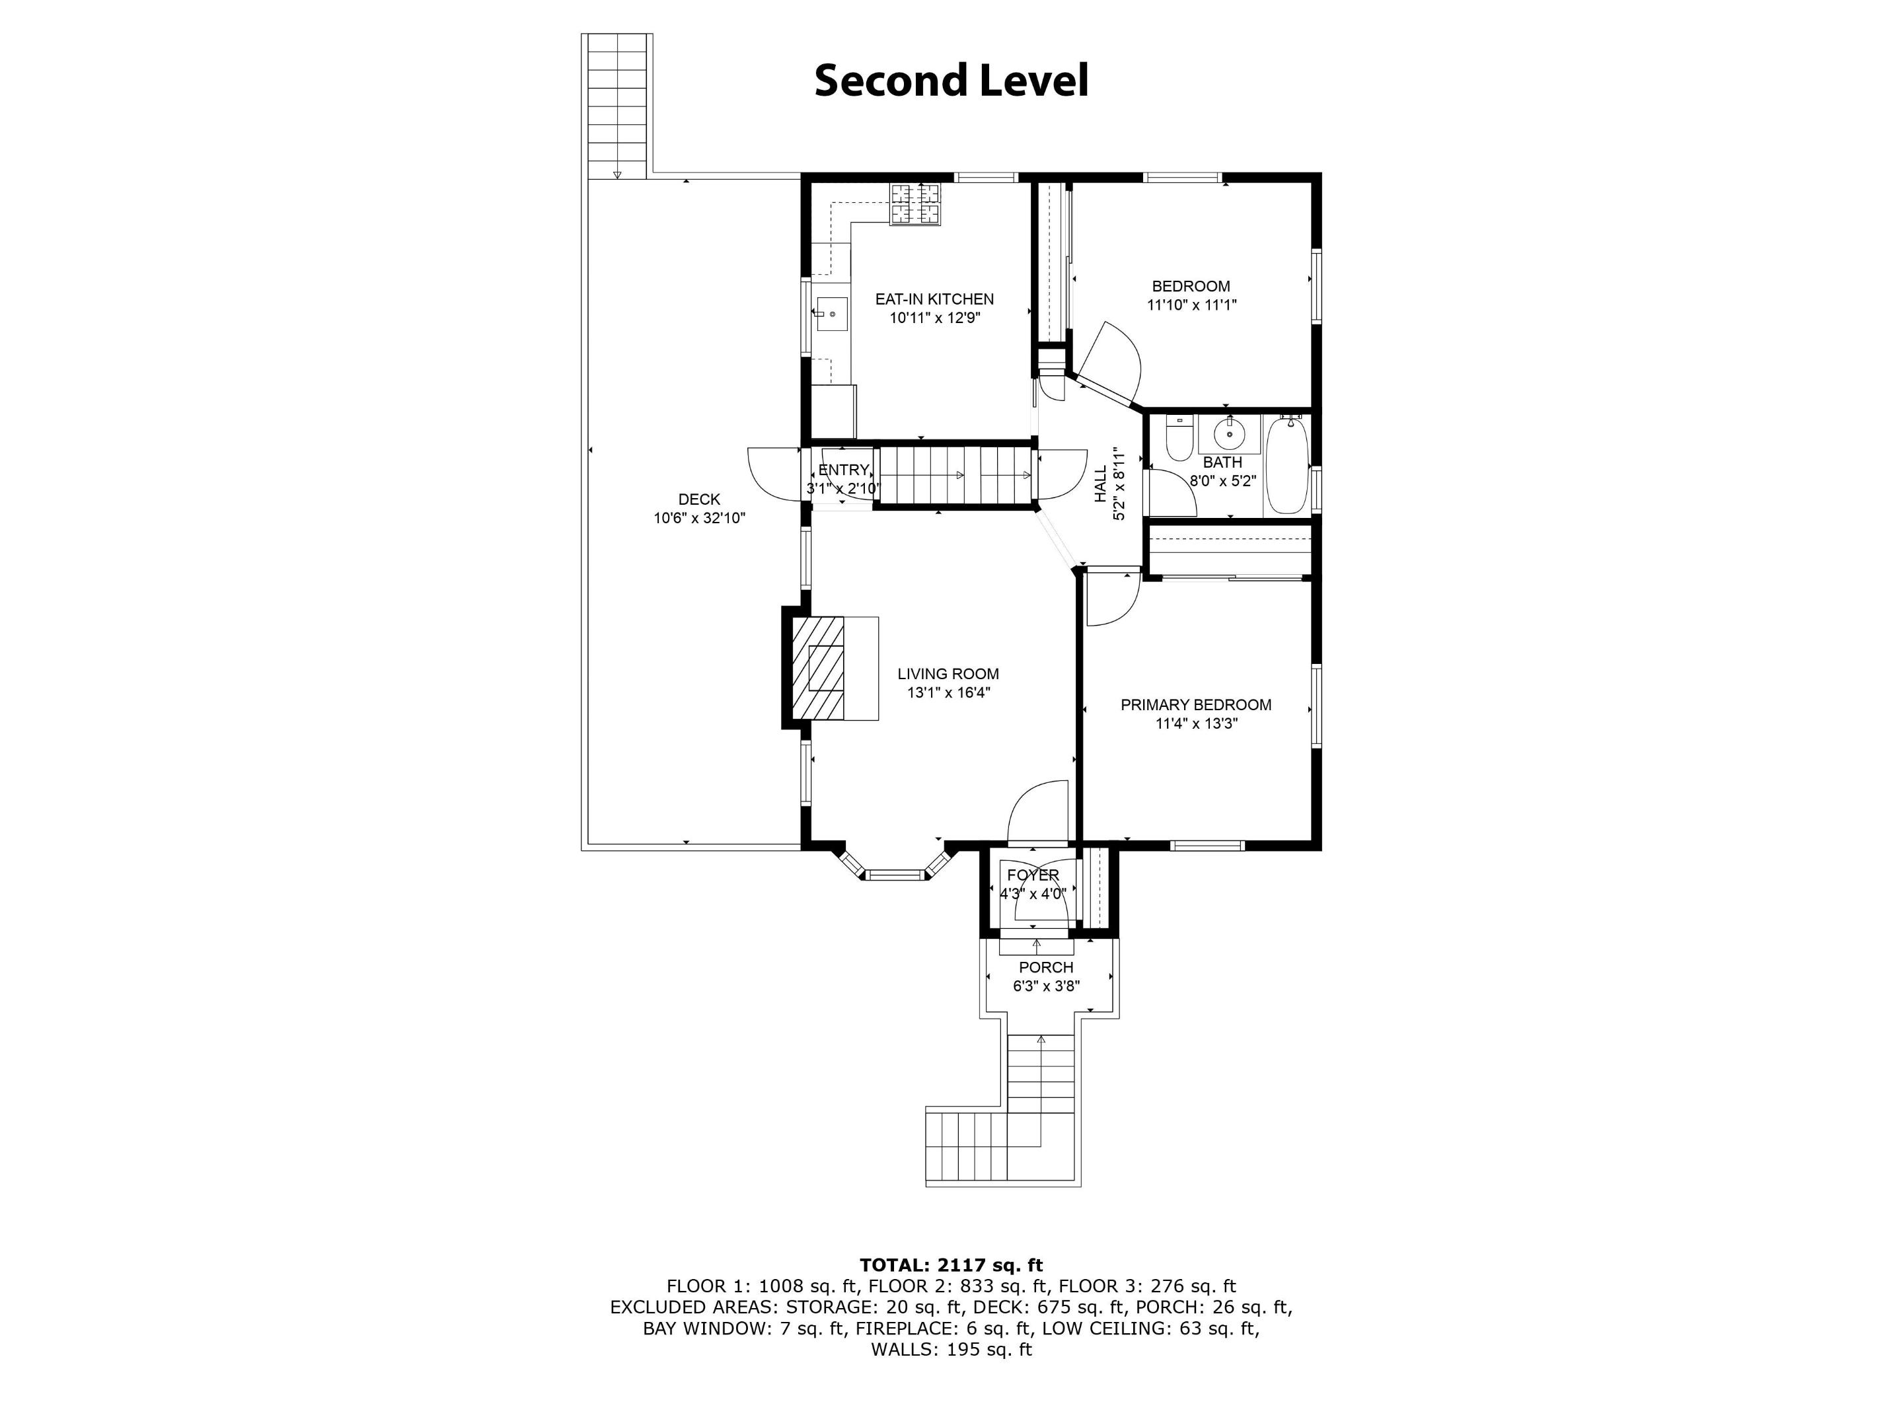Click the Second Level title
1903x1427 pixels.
coord(951,80)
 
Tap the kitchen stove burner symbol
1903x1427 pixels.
coord(914,205)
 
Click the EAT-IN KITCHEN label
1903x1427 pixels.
coord(934,299)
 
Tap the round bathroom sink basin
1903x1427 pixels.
coord(1230,435)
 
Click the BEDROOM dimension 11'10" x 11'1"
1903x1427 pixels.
coord(1191,305)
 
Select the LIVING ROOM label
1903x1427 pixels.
coord(948,675)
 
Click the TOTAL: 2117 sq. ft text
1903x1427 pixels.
coord(951,1264)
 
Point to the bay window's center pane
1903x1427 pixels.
coord(894,875)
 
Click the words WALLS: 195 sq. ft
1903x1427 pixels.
coord(951,1349)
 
